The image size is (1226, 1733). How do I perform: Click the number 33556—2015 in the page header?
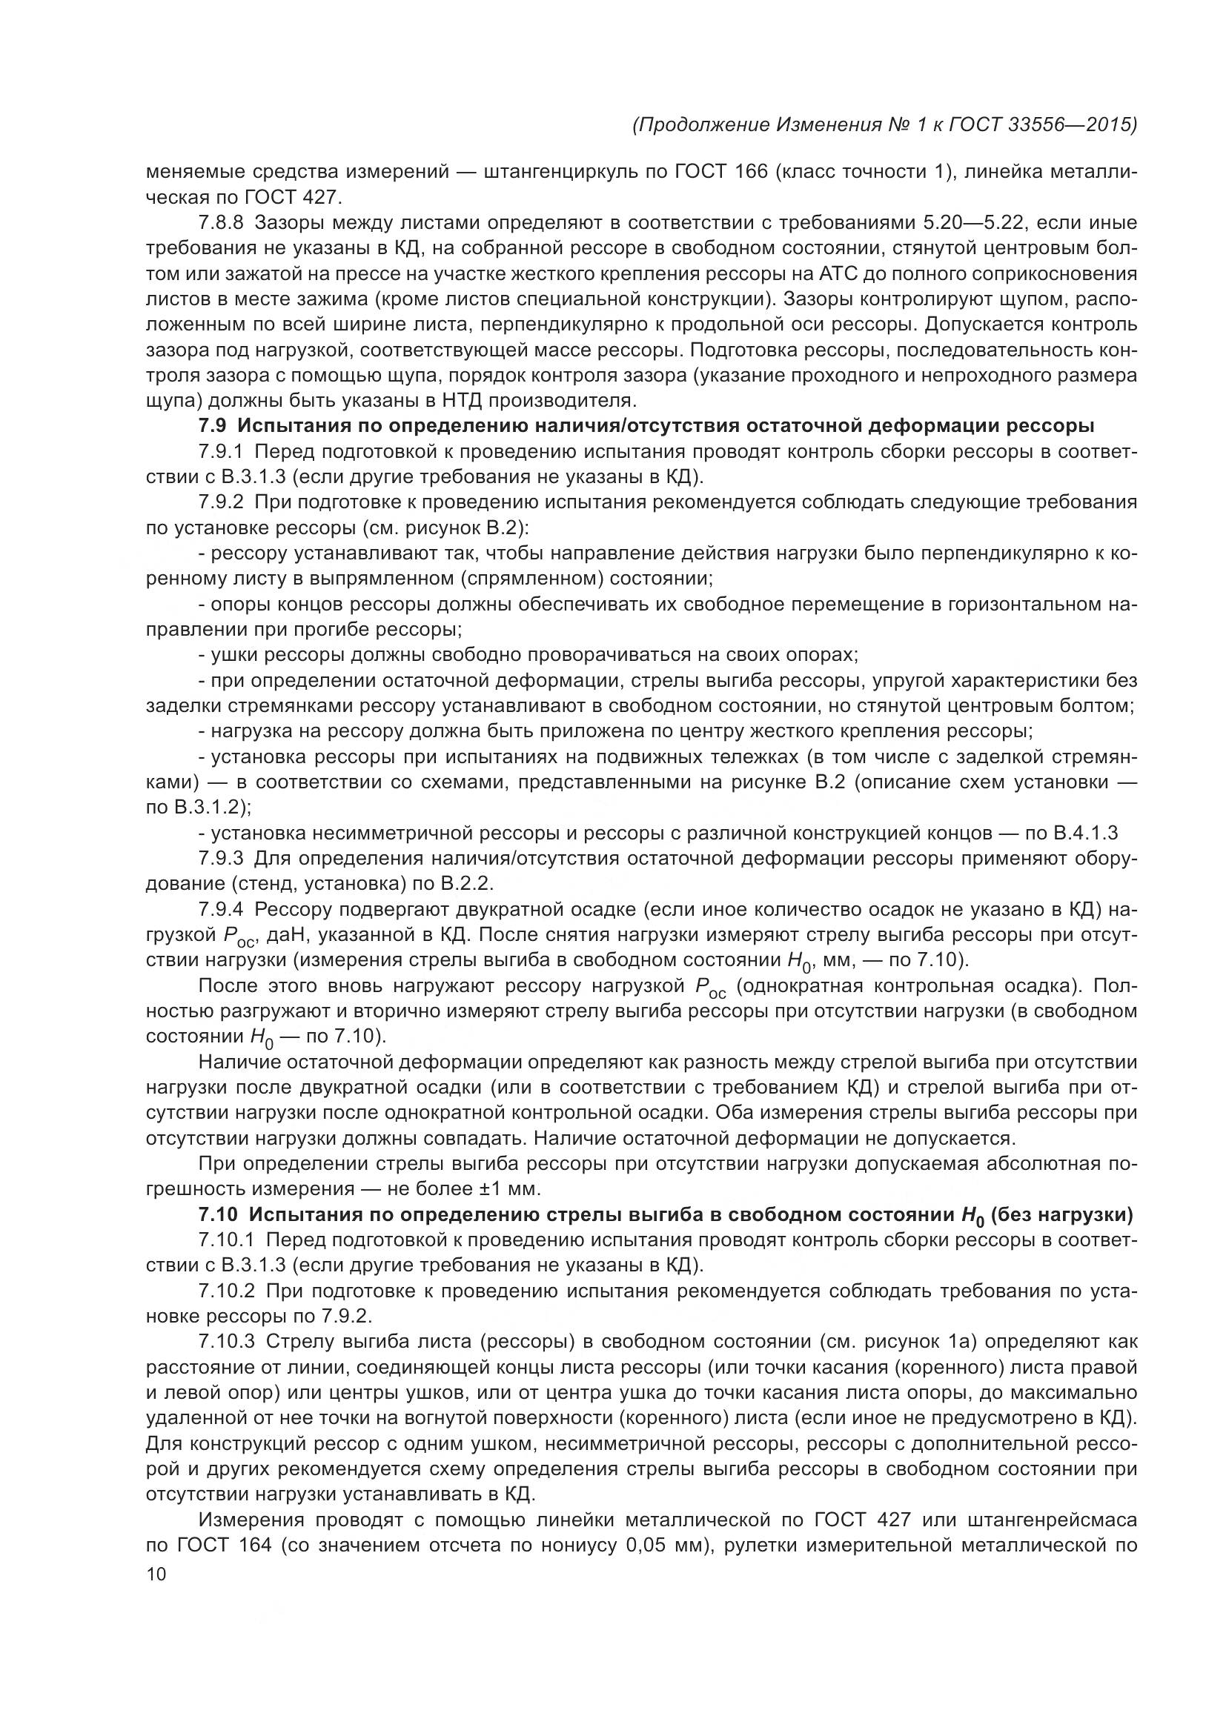click(1072, 124)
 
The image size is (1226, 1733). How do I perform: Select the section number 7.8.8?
click(221, 223)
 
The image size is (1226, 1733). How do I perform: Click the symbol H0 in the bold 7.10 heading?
click(972, 1217)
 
